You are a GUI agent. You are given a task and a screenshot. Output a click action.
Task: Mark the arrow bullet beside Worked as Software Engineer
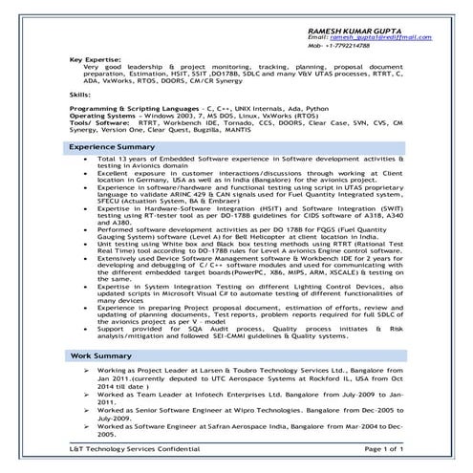87,424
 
